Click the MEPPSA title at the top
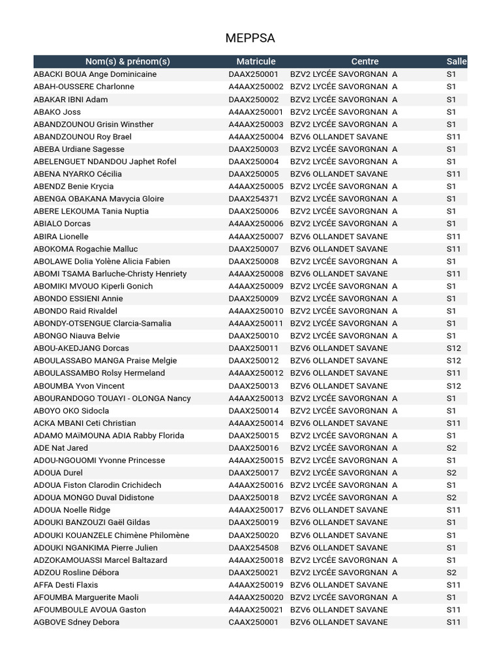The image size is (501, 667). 250,38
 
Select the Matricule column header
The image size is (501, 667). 256,61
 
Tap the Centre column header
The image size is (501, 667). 365,61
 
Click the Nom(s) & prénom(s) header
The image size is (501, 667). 127,61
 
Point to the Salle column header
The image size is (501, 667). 457,61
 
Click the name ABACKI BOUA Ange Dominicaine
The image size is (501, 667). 95,74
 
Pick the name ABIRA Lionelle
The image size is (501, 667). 61,236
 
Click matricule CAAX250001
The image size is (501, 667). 253,622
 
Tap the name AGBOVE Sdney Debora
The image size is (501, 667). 76,622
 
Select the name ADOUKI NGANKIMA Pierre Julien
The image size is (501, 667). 95,548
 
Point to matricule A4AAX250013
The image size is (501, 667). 256,398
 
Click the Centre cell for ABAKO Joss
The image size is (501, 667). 344,112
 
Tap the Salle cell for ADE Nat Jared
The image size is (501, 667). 451,448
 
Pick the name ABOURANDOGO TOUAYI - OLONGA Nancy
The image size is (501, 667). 112,398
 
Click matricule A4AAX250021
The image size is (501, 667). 256,610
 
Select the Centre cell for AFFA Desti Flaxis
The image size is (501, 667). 339,585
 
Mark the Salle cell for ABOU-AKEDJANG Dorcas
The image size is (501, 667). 453,348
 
